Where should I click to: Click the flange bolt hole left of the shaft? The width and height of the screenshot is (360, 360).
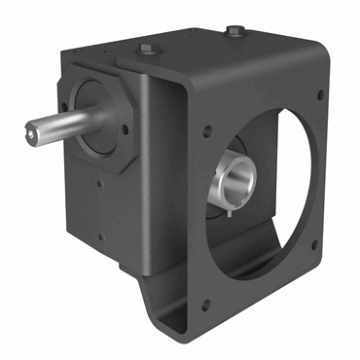click(x=65, y=96)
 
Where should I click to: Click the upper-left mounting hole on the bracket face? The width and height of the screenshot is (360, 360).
click(x=207, y=128)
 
